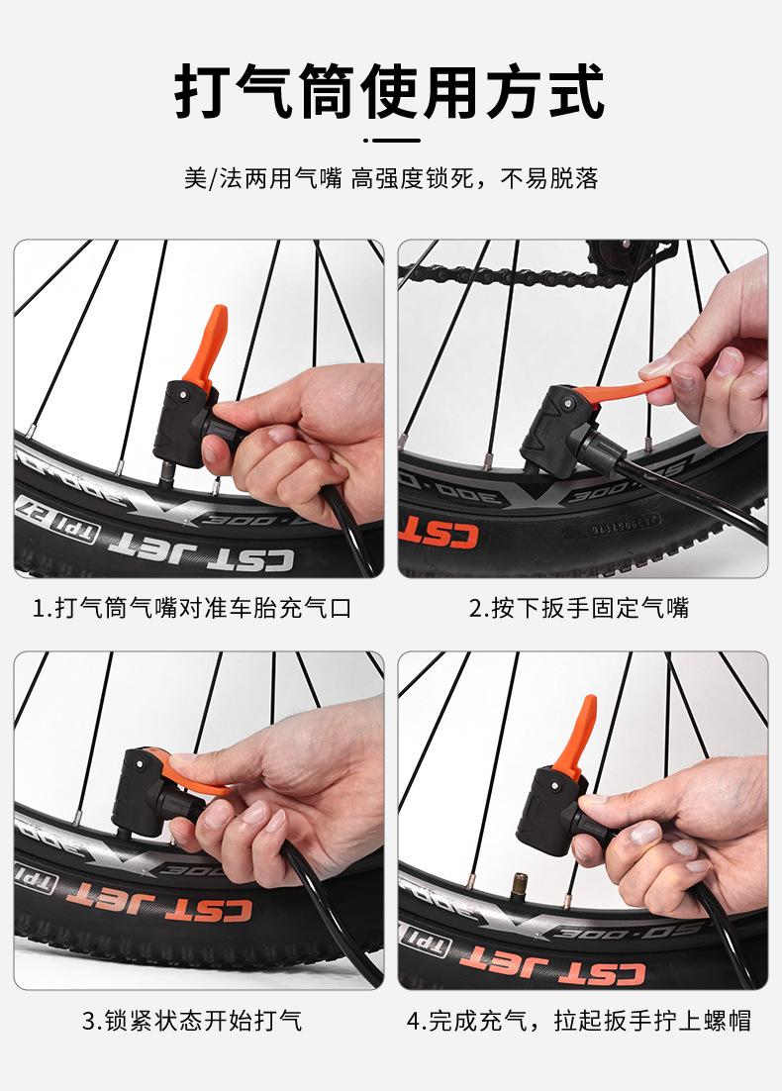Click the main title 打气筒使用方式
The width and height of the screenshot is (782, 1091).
389,90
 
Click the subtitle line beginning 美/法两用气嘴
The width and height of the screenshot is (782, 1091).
391,178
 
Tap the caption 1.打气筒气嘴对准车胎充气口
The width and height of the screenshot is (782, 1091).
193,608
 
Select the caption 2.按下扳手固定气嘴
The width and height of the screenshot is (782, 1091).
579,608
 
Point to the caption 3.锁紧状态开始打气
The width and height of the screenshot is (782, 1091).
193,1021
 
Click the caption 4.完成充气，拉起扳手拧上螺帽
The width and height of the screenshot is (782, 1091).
579,1021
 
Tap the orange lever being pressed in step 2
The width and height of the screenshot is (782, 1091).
621,391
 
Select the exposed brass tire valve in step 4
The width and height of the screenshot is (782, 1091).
518,886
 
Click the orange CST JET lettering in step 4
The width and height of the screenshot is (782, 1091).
552,963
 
